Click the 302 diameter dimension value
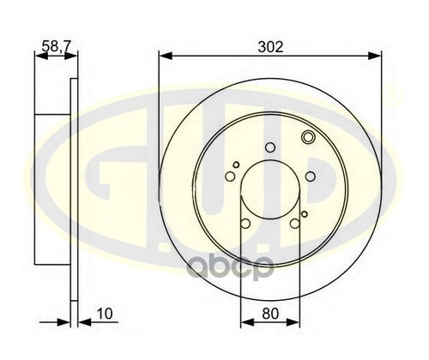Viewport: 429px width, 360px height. [x=270, y=47]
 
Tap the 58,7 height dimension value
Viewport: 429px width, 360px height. [x=56, y=46]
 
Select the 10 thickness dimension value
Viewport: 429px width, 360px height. [x=105, y=314]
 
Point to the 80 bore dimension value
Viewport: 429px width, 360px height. [x=270, y=314]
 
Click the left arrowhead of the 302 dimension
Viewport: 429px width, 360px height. [x=166, y=56]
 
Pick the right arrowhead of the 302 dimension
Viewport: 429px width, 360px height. [x=375, y=56]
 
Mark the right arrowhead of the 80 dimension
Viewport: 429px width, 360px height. [x=293, y=322]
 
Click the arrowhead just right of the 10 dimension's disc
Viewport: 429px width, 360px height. [x=84, y=322]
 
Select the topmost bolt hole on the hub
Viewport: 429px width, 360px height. [x=270, y=147]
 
